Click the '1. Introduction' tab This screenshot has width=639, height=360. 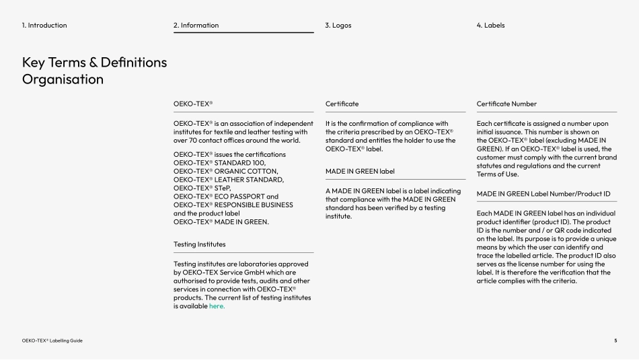coord(44,26)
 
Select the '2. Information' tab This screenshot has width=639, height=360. coord(196,26)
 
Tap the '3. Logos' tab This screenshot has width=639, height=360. coord(338,26)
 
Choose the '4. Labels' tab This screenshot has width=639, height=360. coord(490,26)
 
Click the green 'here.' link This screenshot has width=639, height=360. coord(217,306)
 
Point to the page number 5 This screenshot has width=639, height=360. coord(615,340)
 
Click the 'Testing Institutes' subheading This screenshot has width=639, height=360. coord(200,244)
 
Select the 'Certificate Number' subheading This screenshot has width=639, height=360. coord(506,104)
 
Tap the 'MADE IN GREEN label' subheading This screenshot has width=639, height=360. coord(360,171)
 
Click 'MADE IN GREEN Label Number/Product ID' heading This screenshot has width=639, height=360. coord(543,194)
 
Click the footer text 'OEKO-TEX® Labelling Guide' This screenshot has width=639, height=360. coord(52,340)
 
